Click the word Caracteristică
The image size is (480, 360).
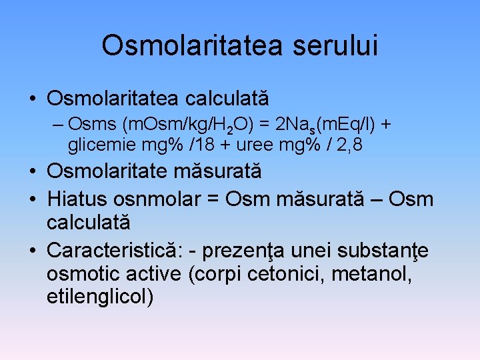click(x=115, y=251)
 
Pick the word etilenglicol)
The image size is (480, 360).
click(x=100, y=296)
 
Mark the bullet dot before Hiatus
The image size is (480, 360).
click(x=33, y=199)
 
